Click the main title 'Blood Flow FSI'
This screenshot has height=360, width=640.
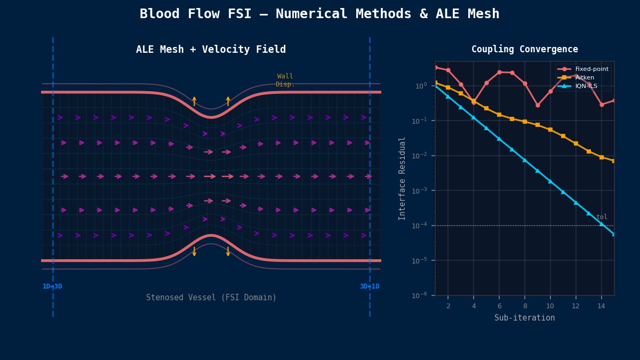[319, 14]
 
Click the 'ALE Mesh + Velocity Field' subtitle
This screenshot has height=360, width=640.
[211, 50]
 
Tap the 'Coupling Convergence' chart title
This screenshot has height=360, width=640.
[524, 50]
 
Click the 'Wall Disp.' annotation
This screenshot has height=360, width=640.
[285, 81]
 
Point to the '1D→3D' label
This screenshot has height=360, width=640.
[52, 287]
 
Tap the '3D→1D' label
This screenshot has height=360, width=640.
[370, 287]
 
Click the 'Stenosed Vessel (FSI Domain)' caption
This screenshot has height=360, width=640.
[211, 298]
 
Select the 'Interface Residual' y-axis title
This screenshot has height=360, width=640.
[403, 178]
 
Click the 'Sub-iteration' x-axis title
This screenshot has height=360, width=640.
[524, 318]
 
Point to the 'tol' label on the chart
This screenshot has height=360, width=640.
[602, 217]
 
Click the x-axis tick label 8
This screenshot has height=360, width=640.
[524, 306]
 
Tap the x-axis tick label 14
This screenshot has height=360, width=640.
[601, 306]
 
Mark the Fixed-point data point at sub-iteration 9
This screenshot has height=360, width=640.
[538, 105]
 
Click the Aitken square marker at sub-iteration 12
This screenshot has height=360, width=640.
[576, 143]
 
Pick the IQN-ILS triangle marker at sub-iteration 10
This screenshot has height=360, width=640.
[550, 181]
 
